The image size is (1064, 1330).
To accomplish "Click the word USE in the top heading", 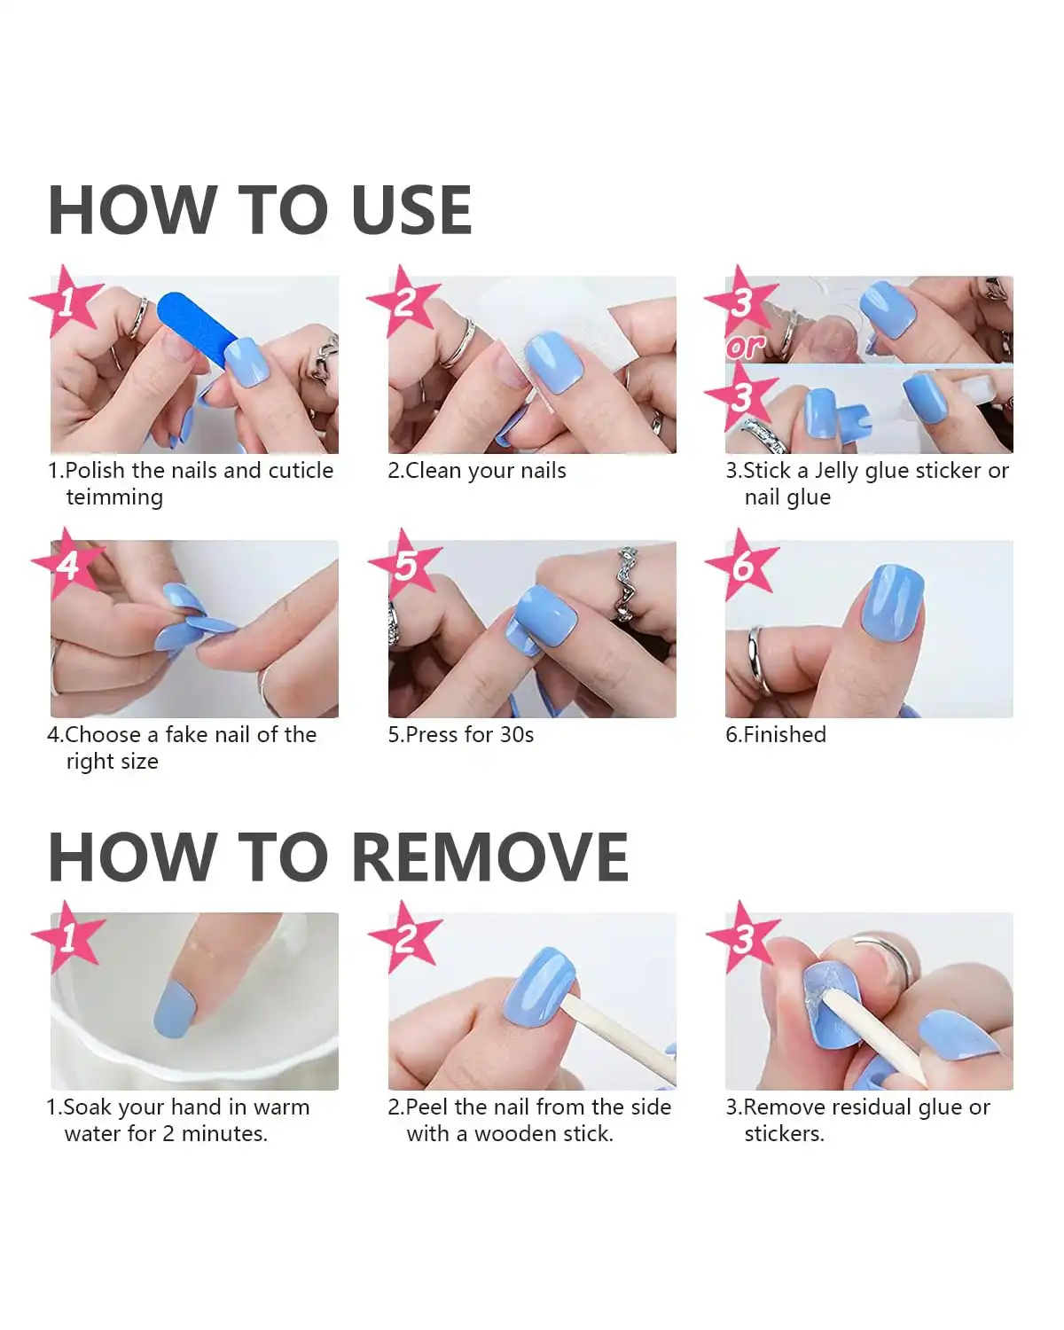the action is [411, 210].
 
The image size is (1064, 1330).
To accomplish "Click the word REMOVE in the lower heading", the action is [490, 857].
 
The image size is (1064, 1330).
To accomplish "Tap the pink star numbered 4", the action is [67, 564].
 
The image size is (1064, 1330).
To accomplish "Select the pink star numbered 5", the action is [405, 564].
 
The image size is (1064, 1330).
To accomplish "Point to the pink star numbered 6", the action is [742, 564].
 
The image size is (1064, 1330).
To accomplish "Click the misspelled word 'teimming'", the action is [114, 497].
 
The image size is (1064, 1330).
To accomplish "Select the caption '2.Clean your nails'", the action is [477, 471].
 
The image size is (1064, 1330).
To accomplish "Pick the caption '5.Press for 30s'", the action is [460, 735].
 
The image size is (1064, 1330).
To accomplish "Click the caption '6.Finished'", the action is [776, 735].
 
